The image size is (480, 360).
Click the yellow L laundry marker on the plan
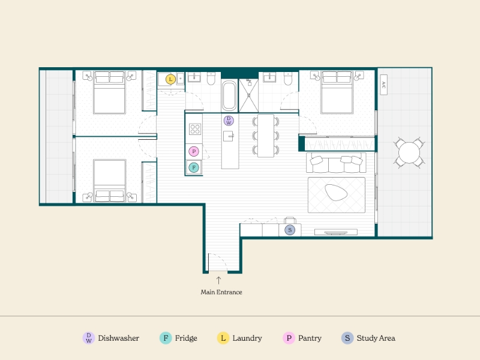pos(170,79)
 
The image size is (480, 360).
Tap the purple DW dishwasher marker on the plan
pos(229,121)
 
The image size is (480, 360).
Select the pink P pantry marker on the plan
pos(194,151)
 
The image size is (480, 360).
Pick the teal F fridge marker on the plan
pos(194,167)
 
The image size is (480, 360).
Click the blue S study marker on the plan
pos(290,230)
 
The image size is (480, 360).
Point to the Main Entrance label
pos(221,292)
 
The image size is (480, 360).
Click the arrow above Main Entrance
pos(218,280)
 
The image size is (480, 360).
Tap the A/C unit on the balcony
pos(383,85)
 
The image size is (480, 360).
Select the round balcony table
pos(409,152)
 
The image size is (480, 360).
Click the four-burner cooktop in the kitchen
pos(195,129)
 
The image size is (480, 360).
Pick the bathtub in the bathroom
pos(229,95)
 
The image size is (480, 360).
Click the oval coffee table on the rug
pos(336,192)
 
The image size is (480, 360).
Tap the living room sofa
pos(336,163)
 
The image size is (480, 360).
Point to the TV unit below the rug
pos(336,232)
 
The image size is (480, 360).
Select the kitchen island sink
pos(229,136)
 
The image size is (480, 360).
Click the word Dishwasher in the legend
pos(118,338)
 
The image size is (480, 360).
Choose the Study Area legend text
pos(376,338)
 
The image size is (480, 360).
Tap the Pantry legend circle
pos(289,338)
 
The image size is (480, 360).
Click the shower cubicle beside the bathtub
pos(248,95)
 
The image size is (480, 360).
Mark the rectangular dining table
pos(266,136)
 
